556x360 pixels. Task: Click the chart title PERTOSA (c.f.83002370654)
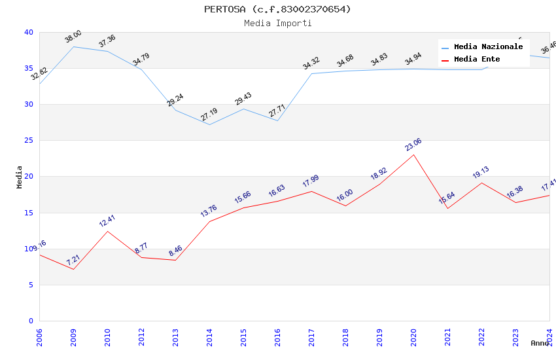tap(277, 9)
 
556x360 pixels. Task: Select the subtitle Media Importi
tap(277, 23)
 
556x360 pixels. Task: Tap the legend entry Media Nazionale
tap(488, 47)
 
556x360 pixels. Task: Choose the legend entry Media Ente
tap(476, 60)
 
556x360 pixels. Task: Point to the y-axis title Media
tap(20, 177)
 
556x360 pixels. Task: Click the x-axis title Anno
tap(540, 343)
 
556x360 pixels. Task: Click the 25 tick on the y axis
tap(28, 141)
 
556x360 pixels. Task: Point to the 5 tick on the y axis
tap(30, 285)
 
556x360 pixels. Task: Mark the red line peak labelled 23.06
tap(413, 154)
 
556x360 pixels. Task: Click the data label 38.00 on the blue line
tap(73, 37)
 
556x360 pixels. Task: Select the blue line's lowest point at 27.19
tap(209, 124)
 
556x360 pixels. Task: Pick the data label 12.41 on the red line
tap(107, 221)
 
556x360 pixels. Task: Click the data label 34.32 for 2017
tap(311, 63)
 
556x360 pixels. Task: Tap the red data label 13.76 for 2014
tap(209, 211)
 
